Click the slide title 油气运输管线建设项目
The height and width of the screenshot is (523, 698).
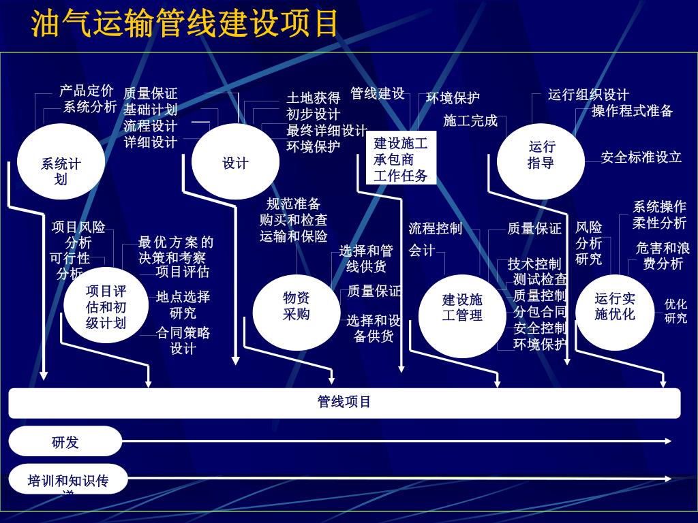point(185,24)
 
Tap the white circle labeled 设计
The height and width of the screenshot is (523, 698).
point(235,163)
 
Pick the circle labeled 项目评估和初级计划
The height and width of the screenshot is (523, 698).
point(106,307)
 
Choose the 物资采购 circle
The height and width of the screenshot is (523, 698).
point(296,307)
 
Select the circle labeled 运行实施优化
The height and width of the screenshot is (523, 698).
point(614,308)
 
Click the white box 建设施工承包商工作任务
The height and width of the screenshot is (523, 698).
point(401,159)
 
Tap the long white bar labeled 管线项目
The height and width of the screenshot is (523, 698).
point(344,402)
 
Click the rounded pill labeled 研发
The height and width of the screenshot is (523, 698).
point(65,441)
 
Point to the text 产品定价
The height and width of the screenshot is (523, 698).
point(87,91)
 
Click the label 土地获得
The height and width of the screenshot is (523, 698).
point(313,98)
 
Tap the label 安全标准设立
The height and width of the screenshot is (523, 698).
point(641,157)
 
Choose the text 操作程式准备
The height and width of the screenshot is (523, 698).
point(632,111)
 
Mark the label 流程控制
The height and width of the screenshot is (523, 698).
point(436,228)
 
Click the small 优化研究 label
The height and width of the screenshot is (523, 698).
point(676,311)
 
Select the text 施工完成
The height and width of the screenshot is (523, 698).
point(470,121)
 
